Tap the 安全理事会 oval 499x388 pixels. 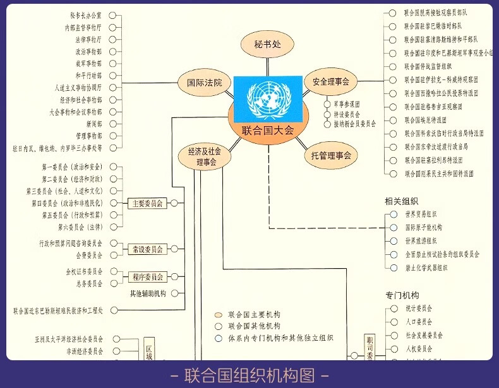click(327, 81)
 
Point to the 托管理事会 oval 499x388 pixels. click(330, 155)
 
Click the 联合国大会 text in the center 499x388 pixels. click(268, 131)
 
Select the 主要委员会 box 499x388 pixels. click(147, 203)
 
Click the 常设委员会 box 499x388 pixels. click(147, 249)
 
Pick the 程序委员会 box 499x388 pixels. click(147, 277)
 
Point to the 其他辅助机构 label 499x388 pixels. click(148, 293)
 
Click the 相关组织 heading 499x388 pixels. click(402, 201)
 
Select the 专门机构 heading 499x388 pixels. click(402, 295)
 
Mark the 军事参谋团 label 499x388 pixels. click(347, 103)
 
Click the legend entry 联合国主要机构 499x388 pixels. click(254, 314)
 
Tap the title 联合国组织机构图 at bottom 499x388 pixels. click(249, 375)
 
